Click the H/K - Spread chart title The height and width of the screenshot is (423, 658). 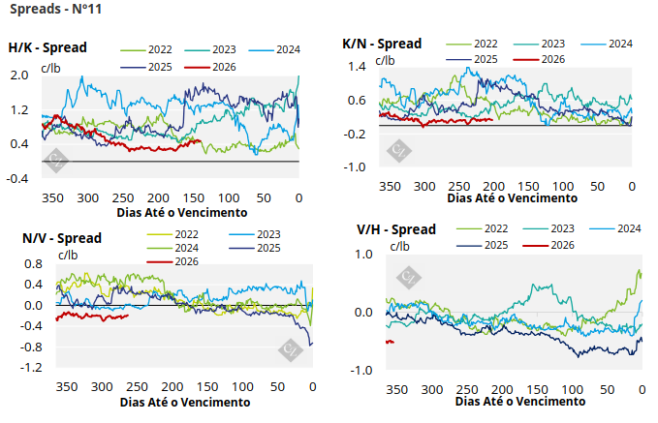coord(47,47)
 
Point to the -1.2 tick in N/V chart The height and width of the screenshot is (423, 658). coord(32,368)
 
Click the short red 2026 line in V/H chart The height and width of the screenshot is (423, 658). coord(390,342)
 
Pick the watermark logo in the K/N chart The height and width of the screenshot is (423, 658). coord(397,150)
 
